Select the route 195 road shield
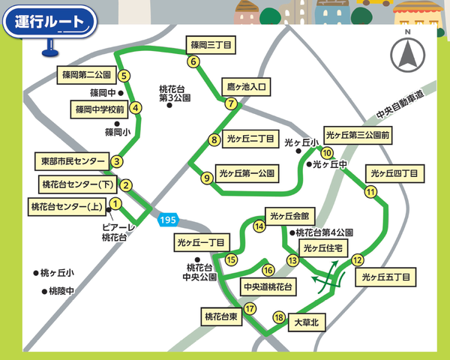coord(168,220)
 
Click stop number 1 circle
coord(115,203)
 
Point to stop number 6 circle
coord(193,62)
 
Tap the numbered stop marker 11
coord(370,192)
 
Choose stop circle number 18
coord(279,317)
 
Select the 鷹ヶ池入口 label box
coord(246,87)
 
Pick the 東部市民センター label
coord(73,161)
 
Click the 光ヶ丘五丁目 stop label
coord(385,277)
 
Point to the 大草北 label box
coord(306,323)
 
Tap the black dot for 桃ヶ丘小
coord(34,272)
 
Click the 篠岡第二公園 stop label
coord(86,75)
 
